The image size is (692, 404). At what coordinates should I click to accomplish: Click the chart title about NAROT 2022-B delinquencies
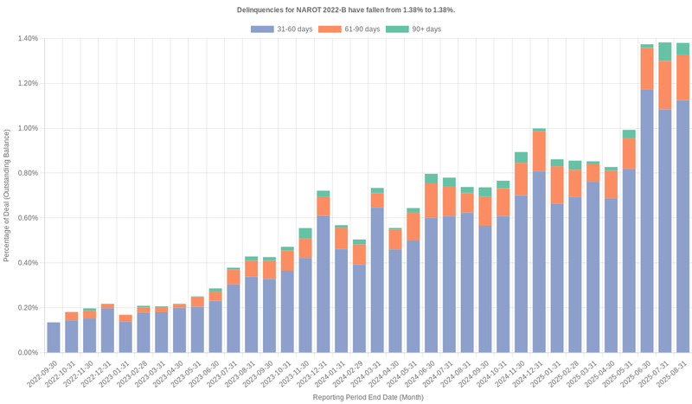point(346,10)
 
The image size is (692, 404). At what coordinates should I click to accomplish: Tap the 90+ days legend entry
point(413,29)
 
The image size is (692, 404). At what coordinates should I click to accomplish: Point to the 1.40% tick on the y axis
point(27,39)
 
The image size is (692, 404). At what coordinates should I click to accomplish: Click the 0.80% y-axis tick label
point(27,173)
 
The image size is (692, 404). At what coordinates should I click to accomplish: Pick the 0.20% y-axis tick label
point(27,308)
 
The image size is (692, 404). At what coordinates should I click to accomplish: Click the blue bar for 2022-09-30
point(54,337)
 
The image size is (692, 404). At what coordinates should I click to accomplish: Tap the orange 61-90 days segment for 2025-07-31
point(665,85)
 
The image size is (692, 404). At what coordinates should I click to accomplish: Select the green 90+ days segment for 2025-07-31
point(665,51)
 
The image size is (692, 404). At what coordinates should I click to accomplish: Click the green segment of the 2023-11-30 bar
point(305,233)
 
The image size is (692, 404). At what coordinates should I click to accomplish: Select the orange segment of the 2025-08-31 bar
point(683,77)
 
